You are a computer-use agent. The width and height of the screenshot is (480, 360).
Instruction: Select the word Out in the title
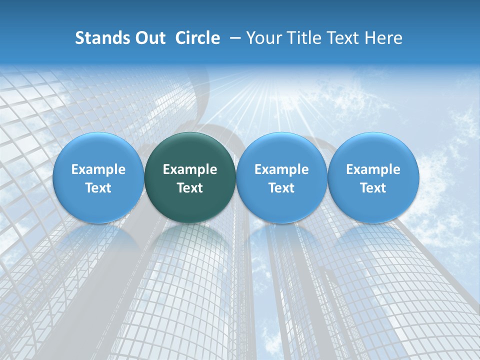[x=148, y=38]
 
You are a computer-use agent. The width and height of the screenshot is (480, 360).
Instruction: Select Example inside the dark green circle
[x=190, y=169]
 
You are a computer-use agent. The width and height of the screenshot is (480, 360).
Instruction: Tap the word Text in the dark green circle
[x=190, y=188]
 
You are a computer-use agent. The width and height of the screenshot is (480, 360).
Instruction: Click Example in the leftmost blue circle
[x=98, y=169]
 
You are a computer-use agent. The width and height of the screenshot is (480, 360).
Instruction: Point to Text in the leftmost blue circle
[x=98, y=188]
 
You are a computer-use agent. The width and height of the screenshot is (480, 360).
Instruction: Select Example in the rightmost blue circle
[x=373, y=169]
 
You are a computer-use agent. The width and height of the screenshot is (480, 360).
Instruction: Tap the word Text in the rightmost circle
[x=373, y=188]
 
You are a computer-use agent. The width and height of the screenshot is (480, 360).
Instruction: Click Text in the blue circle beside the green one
[x=281, y=188]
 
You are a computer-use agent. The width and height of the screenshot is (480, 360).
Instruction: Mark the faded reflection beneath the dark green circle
[x=190, y=245]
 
